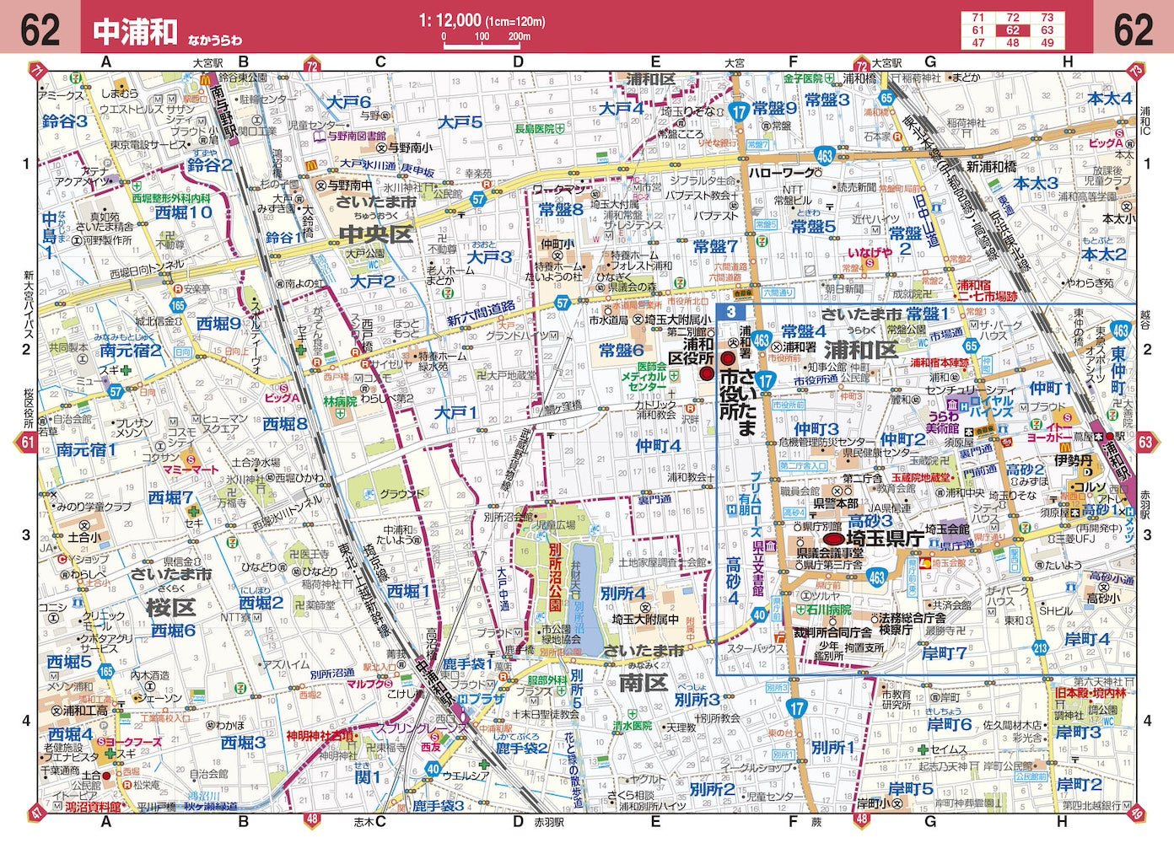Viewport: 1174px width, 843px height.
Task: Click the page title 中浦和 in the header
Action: pos(135,31)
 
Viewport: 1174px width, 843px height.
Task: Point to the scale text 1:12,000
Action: pos(450,20)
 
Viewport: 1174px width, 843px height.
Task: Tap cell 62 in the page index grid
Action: pos(1012,30)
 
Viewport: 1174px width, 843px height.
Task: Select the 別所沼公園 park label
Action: pos(554,577)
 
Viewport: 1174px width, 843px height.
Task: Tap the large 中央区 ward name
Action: pos(375,234)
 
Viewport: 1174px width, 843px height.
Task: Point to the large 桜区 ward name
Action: pos(170,607)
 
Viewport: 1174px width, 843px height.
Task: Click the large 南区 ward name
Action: pos(643,682)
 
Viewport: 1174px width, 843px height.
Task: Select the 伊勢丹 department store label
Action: pos(1073,462)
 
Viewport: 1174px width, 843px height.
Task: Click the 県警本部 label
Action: pos(835,503)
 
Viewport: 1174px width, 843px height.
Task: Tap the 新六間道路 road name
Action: pos(481,314)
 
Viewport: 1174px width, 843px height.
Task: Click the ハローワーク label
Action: pos(782,173)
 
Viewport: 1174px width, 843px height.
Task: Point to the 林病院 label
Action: pos(340,402)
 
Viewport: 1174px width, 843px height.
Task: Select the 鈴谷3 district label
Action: pos(65,121)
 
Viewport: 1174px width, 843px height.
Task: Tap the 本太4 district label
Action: pos(1109,99)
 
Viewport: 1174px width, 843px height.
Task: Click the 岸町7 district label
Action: pos(944,653)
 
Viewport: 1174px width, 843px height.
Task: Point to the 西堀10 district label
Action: pos(183,212)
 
